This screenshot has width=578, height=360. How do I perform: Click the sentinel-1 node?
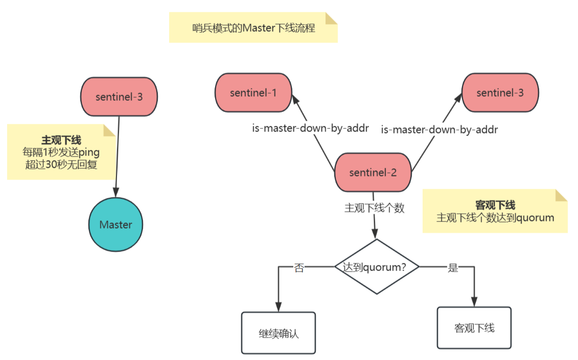[x=253, y=93]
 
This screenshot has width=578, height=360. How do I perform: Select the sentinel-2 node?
[x=373, y=172]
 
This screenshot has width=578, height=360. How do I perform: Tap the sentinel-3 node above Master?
[x=119, y=97]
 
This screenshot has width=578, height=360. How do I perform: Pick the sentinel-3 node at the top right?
[x=500, y=93]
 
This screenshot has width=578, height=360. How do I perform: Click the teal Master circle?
[x=115, y=224]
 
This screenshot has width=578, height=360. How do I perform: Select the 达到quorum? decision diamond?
[x=377, y=266]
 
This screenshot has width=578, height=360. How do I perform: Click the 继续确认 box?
[x=279, y=333]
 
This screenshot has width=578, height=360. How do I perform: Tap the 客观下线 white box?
[x=474, y=328]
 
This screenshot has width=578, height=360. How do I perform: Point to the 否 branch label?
[x=299, y=267]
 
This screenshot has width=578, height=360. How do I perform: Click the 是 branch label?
[x=453, y=267]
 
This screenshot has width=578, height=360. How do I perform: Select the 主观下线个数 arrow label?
[x=375, y=208]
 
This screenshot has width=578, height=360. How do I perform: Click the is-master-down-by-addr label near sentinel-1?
[x=310, y=128]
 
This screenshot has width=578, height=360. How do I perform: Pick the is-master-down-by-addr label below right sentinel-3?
[x=440, y=129]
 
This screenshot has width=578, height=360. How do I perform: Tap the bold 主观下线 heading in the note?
[x=61, y=140]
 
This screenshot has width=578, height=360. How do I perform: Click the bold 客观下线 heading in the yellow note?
[x=495, y=205]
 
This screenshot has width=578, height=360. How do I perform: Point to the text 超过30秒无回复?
[x=61, y=164]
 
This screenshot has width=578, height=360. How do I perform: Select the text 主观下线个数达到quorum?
[x=495, y=218]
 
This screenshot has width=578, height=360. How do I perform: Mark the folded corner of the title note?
[x=332, y=18]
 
